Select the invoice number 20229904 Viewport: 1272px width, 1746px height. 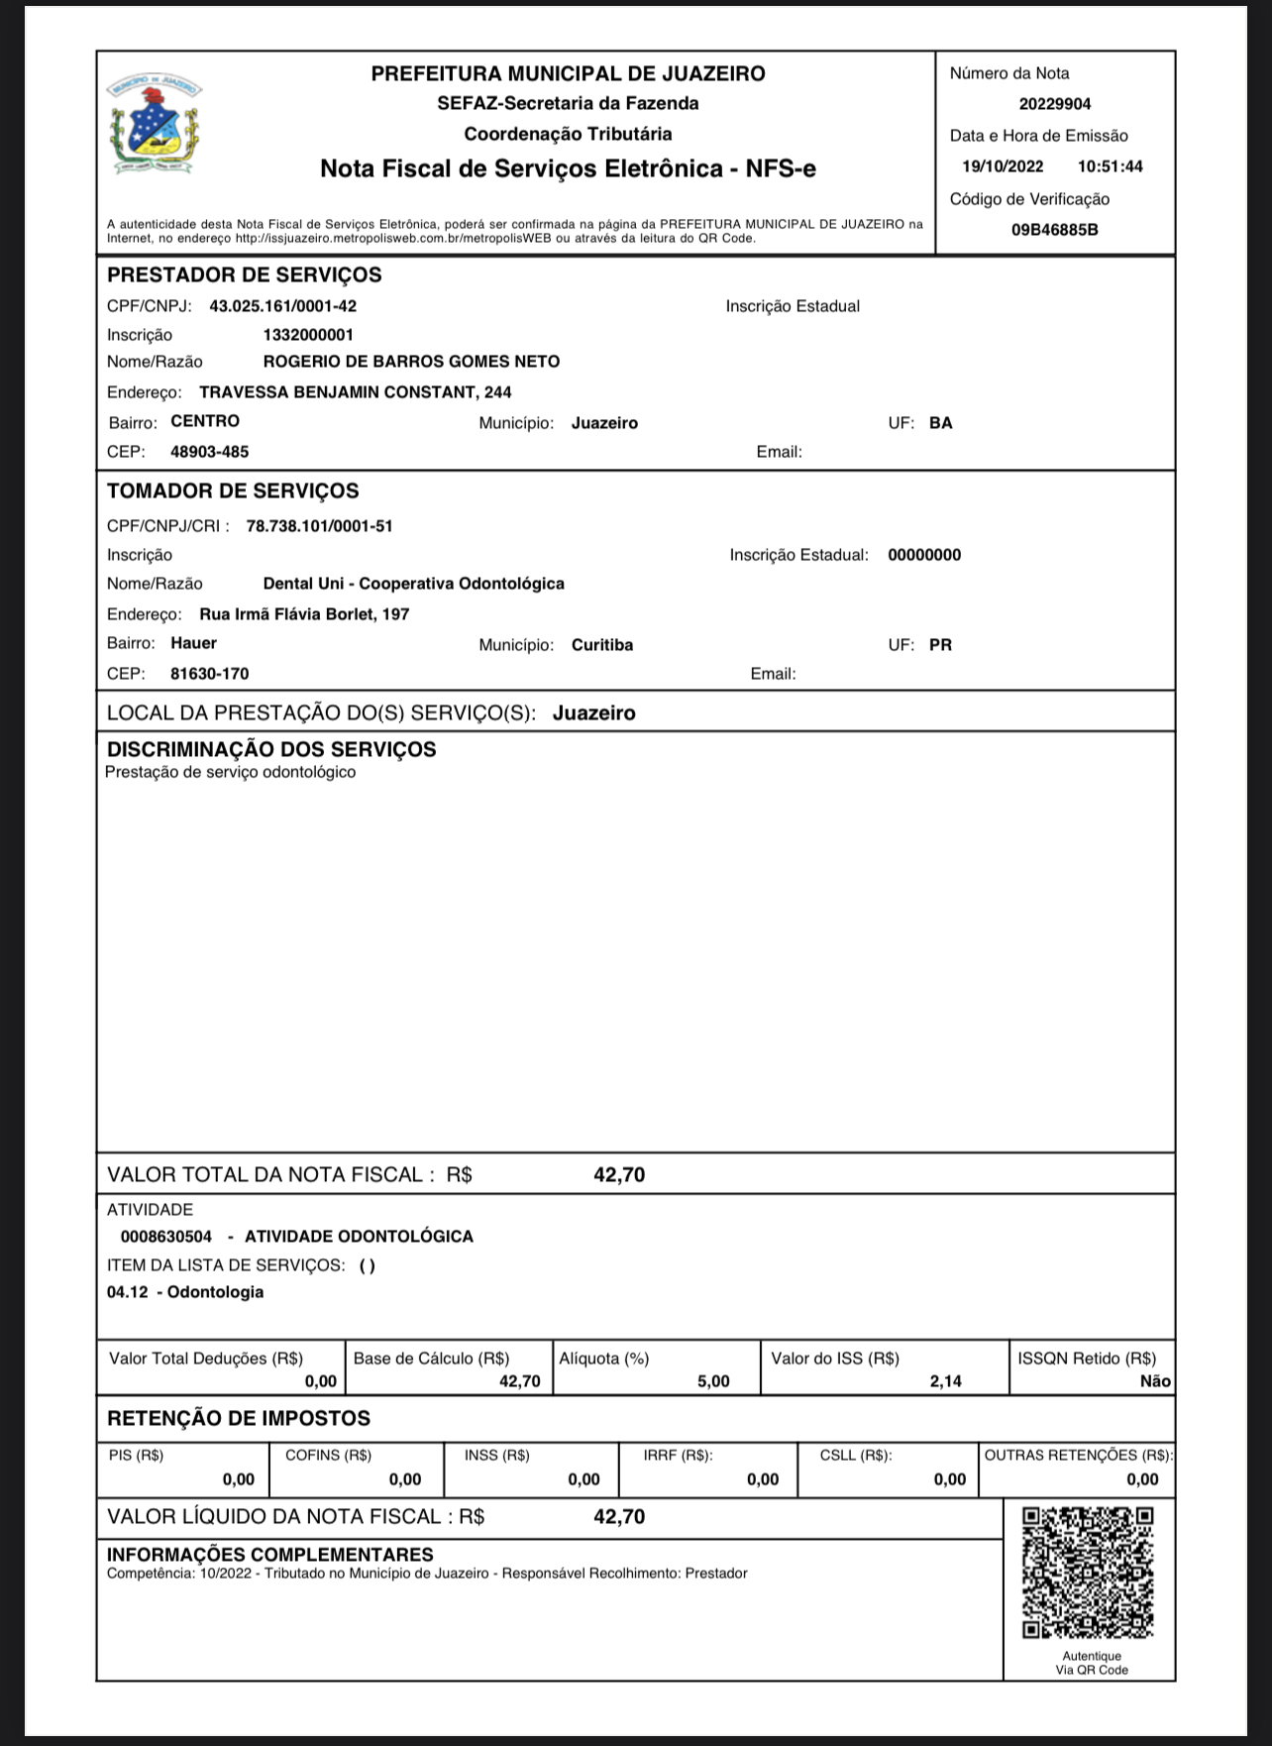[1054, 104]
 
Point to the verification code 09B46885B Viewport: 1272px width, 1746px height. [1054, 230]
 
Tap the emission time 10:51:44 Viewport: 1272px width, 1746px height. [1110, 166]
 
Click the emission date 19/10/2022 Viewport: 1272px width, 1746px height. [1003, 166]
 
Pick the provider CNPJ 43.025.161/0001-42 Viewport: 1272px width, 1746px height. [282, 306]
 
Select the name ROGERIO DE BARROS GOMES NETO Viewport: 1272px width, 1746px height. [411, 362]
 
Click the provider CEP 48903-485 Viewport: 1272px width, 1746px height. [209, 452]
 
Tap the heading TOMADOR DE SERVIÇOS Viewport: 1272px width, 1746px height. [233, 491]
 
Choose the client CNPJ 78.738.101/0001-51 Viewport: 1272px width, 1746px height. [319, 526]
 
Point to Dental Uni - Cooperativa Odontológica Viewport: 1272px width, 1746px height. [413, 584]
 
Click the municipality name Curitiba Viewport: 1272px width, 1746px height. [601, 645]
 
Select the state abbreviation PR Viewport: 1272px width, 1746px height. [940, 645]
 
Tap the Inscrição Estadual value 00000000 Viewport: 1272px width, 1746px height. [923, 555]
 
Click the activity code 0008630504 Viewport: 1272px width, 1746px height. [165, 1237]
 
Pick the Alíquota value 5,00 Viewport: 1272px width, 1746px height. [713, 1381]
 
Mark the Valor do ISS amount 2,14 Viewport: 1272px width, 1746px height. [945, 1381]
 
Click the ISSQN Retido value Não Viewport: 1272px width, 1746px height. [1155, 1381]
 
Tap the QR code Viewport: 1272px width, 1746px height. [1088, 1573]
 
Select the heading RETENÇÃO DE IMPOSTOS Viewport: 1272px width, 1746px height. [238, 1418]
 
